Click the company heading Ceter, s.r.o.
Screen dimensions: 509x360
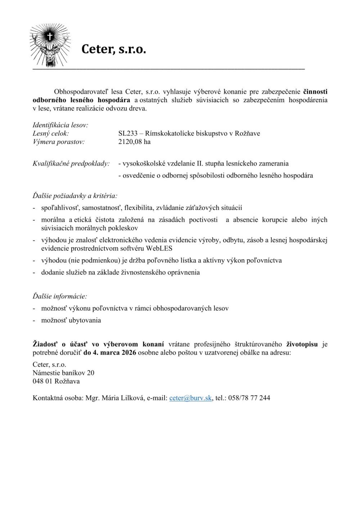(114, 49)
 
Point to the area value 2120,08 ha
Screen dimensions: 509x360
(134, 142)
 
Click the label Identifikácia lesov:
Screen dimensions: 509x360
(60, 125)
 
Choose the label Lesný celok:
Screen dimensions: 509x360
(51, 134)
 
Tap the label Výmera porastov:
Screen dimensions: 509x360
(59, 142)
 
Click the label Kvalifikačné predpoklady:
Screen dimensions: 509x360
(71, 164)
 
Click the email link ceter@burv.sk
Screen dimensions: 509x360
(190, 398)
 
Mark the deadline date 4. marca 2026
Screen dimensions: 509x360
(114, 353)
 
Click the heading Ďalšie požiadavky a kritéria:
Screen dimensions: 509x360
(75, 196)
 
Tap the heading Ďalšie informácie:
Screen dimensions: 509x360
(60, 297)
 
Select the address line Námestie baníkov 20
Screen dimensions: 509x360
(63, 373)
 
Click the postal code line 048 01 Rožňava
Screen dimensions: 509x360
(56, 381)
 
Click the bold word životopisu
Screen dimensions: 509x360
(302, 344)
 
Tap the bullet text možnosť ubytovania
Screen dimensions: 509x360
(71, 320)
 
